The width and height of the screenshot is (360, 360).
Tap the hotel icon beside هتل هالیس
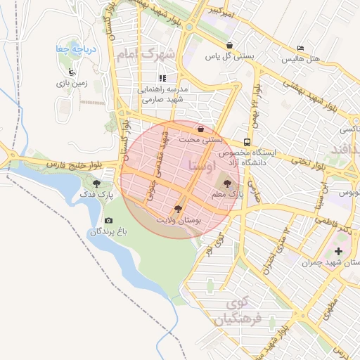[301, 49]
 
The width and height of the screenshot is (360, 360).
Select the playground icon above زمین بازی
[72, 71]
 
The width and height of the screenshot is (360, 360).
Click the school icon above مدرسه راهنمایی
[162, 79]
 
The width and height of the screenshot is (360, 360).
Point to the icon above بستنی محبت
[202, 129]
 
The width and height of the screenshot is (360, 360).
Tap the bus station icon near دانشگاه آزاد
[246, 141]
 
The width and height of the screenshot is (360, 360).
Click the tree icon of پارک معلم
[216, 181]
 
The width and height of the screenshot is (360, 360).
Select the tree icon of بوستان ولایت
[177, 209]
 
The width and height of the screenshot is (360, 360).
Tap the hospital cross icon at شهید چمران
[340, 251]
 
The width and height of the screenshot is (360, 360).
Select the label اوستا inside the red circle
[202, 166]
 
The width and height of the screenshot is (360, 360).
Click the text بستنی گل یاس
[224, 55]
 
